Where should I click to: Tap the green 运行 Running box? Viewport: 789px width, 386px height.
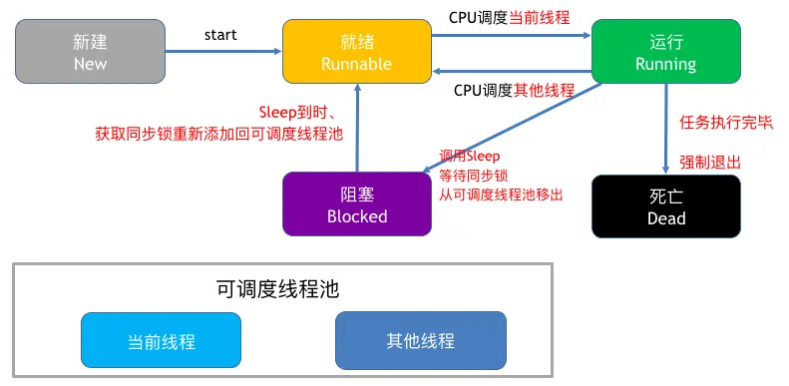665,53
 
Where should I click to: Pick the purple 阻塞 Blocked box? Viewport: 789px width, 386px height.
356,203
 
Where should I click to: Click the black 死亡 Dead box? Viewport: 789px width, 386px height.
665,206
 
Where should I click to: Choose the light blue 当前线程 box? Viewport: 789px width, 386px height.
161,341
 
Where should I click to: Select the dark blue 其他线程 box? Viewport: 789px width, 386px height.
420,341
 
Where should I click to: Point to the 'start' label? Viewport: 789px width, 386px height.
220,35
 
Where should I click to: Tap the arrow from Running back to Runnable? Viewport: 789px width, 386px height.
512,70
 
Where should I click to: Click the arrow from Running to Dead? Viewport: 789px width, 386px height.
665,129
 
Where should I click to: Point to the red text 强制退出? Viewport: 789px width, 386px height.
710,162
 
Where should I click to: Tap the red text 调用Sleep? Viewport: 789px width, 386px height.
470,156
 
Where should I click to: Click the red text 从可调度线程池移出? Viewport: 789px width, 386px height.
501,194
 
